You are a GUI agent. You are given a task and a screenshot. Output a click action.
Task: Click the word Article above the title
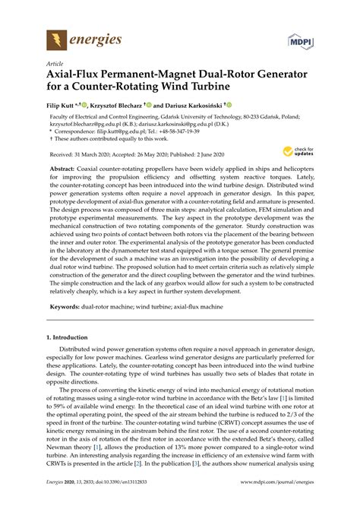pos(55,66)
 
